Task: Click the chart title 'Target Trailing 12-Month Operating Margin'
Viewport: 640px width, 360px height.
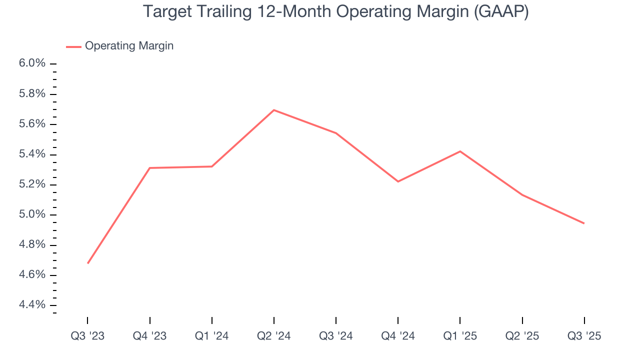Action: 335,12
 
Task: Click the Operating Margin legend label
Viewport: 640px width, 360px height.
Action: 129,46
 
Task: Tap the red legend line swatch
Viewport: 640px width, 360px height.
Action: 73,46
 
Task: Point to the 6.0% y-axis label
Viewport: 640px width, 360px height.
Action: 33,63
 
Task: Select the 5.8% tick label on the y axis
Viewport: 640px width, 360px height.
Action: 33,94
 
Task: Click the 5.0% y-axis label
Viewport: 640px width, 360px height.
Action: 33,214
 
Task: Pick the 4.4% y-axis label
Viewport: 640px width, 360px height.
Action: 33,305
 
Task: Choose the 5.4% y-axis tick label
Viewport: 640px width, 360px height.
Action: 33,154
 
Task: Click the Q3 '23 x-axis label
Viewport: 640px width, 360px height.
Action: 87,336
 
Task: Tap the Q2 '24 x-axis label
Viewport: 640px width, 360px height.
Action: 274,336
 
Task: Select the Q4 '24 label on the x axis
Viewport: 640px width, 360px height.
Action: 398,336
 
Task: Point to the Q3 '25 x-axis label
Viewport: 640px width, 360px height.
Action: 584,336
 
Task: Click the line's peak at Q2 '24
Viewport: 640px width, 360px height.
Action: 274,110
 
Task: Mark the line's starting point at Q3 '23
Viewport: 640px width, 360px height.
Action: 88,263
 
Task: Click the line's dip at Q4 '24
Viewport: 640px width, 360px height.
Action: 398,181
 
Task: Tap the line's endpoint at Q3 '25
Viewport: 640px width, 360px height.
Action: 584,223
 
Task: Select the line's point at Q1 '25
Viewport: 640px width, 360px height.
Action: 460,151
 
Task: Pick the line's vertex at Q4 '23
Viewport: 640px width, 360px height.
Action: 150,168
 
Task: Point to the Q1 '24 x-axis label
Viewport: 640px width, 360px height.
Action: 212,336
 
